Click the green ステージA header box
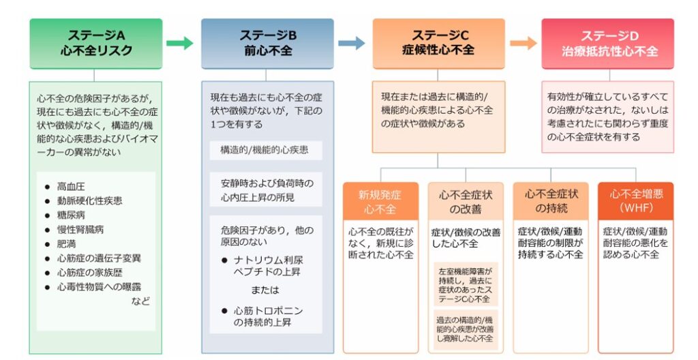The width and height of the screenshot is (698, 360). tap(95, 44)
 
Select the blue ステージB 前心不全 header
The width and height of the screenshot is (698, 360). tap(267, 44)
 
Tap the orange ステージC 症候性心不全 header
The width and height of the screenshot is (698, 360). tap(438, 44)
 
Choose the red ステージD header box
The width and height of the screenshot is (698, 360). tap(607, 44)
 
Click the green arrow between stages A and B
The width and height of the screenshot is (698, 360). tap(180, 43)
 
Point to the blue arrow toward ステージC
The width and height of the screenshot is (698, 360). tap(352, 43)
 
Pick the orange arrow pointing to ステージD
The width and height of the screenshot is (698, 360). tap(523, 43)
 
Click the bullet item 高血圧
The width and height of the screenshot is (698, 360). tap(70, 187)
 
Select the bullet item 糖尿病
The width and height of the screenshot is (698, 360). tap(70, 215)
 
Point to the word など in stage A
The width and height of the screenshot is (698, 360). tap(140, 301)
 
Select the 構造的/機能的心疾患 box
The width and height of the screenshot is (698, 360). tap(266, 150)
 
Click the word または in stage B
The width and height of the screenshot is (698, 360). tap(265, 290)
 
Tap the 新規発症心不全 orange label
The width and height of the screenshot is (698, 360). tap(380, 201)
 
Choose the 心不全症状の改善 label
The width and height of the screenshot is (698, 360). tap(466, 201)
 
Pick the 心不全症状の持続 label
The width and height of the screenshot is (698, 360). tap(551, 201)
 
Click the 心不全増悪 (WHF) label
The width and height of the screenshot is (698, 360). tap(636, 201)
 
